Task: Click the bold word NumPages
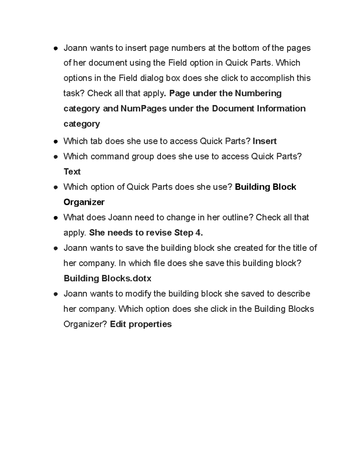pyautogui.click(x=143, y=108)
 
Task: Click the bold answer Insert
pyautogui.click(x=264, y=141)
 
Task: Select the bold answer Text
pyautogui.click(x=72, y=172)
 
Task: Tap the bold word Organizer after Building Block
pyautogui.click(x=84, y=202)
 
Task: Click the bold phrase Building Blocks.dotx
pyautogui.click(x=107, y=278)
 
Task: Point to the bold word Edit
pyautogui.click(x=118, y=324)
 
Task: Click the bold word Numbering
pyautogui.click(x=258, y=93)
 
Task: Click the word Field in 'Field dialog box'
pyautogui.click(x=128, y=78)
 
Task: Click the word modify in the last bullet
pyautogui.click(x=138, y=293)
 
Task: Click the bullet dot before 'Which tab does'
pyautogui.click(x=55, y=142)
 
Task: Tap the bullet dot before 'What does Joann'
pyautogui.click(x=55, y=218)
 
